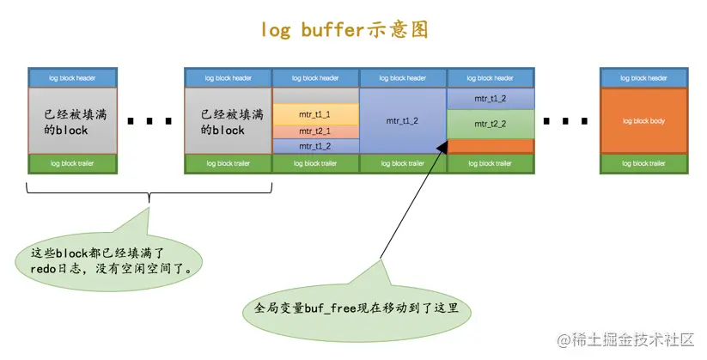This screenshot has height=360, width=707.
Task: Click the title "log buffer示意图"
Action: pyautogui.click(x=344, y=29)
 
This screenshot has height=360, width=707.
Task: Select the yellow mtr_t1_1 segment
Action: pyautogui.click(x=315, y=114)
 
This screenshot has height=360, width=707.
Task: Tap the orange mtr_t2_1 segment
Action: pyautogui.click(x=315, y=131)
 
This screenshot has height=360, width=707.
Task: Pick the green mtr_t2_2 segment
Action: pyautogui.click(x=490, y=124)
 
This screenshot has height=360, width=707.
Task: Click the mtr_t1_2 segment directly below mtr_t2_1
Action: pyautogui.click(x=315, y=146)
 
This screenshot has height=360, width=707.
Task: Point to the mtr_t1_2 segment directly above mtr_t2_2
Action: pyautogui.click(x=490, y=98)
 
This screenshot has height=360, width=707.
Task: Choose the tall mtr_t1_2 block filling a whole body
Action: pyautogui.click(x=403, y=121)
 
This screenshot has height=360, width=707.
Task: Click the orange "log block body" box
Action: pyautogui.click(x=643, y=121)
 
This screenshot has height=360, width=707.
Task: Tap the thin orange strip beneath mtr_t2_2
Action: pyautogui.click(x=490, y=146)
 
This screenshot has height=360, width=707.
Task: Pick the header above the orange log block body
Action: pyautogui.click(x=643, y=77)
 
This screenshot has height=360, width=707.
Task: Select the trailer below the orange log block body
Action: pyautogui.click(x=643, y=163)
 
